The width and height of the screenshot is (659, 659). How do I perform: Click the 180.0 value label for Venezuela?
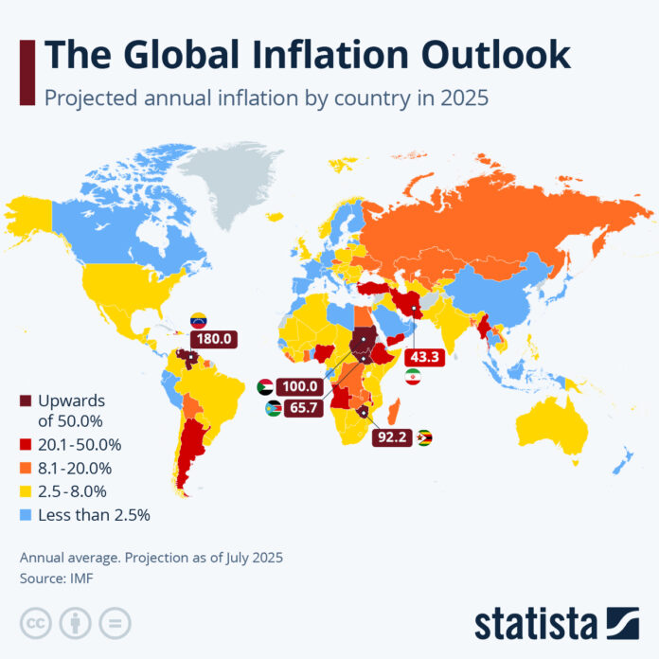214,338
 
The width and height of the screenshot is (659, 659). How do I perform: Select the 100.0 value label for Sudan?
301,387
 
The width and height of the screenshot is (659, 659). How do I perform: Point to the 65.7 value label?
301,408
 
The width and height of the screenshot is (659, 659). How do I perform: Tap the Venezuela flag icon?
198,319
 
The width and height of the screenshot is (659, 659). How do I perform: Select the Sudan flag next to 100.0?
267,387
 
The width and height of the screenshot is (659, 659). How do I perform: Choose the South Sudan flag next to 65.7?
271,408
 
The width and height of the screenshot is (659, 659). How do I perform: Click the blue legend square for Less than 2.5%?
26,515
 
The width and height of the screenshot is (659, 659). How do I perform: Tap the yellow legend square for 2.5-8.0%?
26,491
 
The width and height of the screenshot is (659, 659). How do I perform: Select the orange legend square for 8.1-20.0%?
26,468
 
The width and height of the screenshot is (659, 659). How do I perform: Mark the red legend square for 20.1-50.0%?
26,444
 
